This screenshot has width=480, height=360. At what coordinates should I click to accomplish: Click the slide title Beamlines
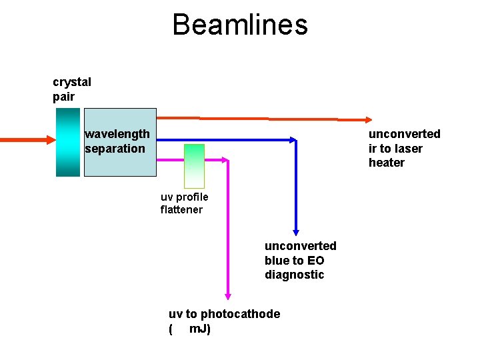[x=240, y=25]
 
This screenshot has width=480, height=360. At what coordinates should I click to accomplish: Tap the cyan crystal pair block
[x=68, y=142]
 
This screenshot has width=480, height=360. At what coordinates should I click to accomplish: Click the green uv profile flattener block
[x=194, y=165]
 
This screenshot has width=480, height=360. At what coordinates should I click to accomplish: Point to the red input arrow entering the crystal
[x=27, y=140]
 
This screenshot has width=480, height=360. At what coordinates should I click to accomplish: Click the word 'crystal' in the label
[x=72, y=82]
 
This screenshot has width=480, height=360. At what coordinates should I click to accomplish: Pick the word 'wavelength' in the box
[x=117, y=134]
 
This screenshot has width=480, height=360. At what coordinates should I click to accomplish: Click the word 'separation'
[x=115, y=148]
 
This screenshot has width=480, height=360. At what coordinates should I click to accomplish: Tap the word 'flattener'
[x=181, y=210]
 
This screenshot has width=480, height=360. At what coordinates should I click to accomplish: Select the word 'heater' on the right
[x=387, y=163]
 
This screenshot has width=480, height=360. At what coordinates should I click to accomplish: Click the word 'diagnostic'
[x=294, y=275]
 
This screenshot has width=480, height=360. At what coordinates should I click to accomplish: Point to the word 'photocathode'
[x=240, y=314]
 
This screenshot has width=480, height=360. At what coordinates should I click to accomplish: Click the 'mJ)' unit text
[x=200, y=329]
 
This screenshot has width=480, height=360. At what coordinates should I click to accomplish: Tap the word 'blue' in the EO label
[x=277, y=261]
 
